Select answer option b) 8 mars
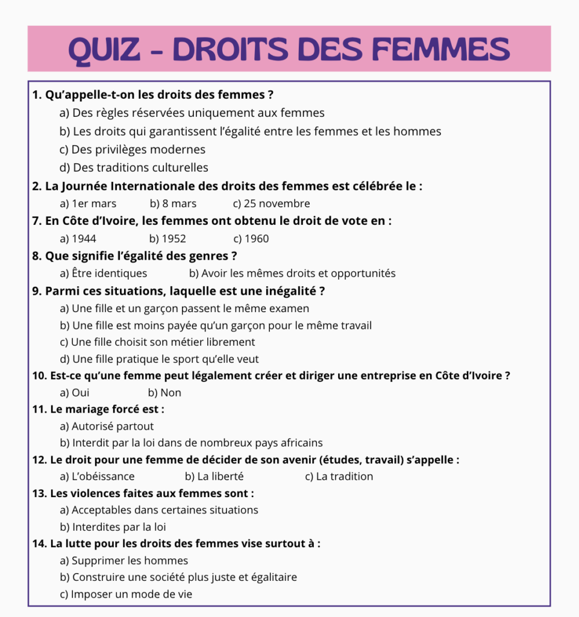click(x=173, y=204)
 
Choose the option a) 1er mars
click(x=88, y=204)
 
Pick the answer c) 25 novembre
click(x=271, y=204)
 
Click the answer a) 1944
click(x=78, y=239)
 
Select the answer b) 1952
click(x=167, y=239)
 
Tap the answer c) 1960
click(x=251, y=239)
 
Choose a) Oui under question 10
click(x=75, y=393)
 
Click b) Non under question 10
click(x=164, y=393)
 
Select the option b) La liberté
click(x=214, y=477)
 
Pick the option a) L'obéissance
click(x=97, y=477)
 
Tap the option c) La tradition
click(x=339, y=477)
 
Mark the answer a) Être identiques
click(x=103, y=274)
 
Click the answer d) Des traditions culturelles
click(x=134, y=168)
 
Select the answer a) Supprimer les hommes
click(x=124, y=561)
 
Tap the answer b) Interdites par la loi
click(x=113, y=527)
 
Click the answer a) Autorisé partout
click(x=107, y=427)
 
